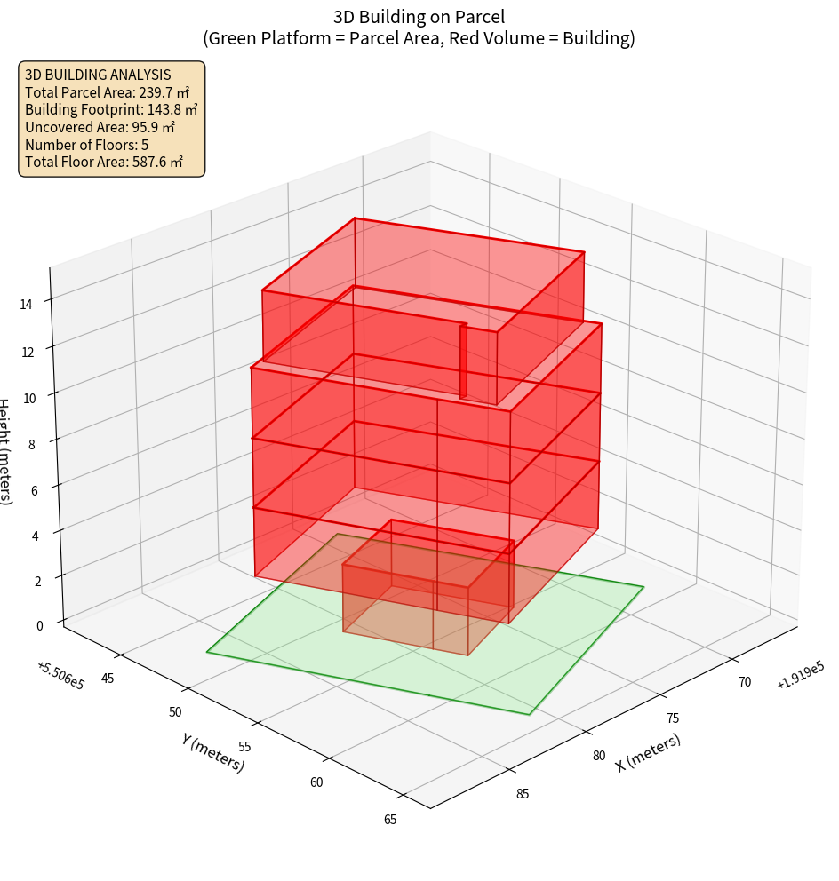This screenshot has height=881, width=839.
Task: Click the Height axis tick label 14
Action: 27,304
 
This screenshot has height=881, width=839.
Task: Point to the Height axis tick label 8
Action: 32,444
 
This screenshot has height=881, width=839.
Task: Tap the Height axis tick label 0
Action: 41,624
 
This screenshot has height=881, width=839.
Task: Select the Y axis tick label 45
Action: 108,679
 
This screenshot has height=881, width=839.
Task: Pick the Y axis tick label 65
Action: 390,819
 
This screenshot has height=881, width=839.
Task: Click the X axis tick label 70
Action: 744,682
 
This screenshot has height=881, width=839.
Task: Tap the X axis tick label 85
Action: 523,793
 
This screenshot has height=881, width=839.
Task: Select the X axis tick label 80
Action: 599,756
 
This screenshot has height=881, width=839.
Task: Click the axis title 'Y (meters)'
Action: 213,752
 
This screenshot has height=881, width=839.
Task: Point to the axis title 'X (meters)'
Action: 649,753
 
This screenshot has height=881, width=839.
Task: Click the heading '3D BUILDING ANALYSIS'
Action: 98,75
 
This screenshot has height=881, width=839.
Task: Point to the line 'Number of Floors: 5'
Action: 87,145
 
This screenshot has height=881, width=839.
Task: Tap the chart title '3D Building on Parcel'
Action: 419,16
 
